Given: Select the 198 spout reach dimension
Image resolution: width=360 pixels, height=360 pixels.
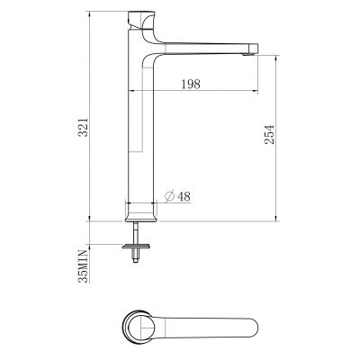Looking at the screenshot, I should [x=189, y=84].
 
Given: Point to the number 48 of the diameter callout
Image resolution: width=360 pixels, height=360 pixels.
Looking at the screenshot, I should [x=183, y=197].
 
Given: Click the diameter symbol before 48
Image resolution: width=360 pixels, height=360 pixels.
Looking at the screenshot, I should [x=170, y=197].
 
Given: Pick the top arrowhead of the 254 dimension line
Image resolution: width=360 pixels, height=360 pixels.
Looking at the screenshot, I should [x=274, y=55].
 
